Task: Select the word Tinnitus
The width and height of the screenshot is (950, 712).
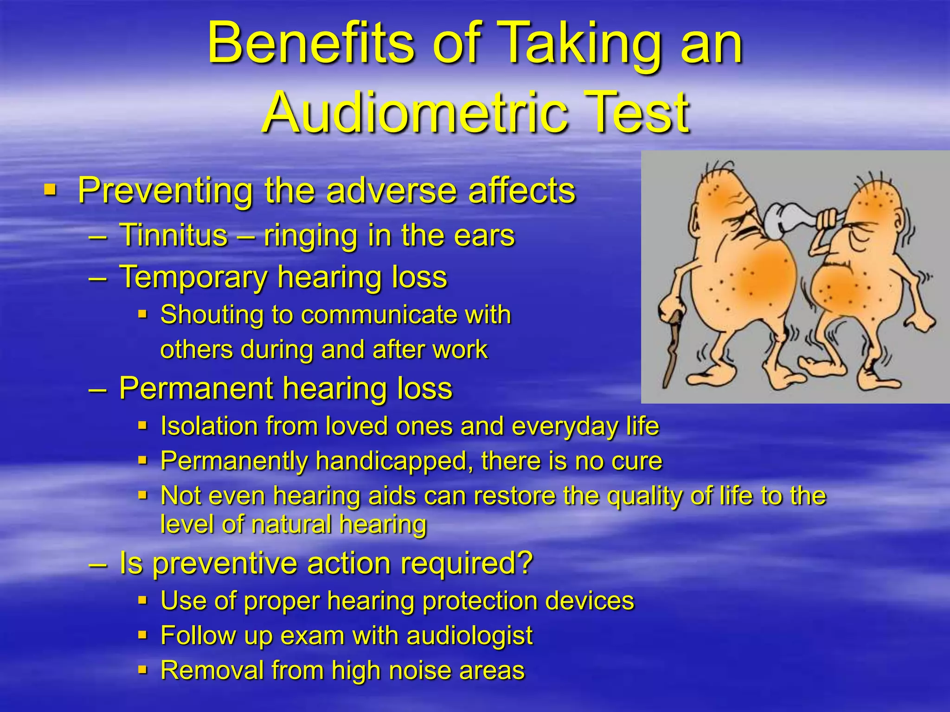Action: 173,235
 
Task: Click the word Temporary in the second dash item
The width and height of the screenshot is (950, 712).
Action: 193,277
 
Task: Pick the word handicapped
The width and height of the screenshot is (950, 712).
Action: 394,461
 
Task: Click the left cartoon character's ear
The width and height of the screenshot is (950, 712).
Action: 696,218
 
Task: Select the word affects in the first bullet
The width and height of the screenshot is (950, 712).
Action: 521,191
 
